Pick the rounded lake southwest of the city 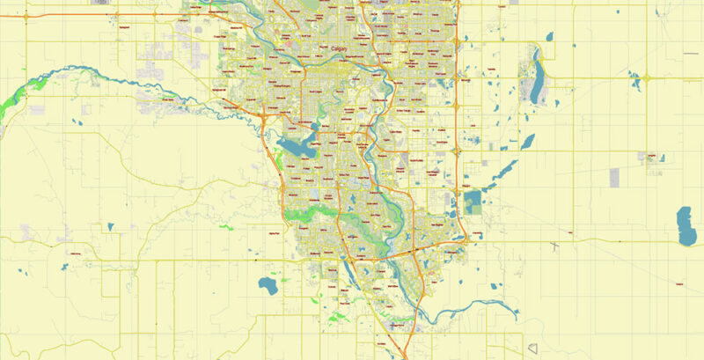tap(266, 284)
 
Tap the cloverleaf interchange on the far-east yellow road tap(647, 78)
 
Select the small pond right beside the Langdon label tap(662, 159)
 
